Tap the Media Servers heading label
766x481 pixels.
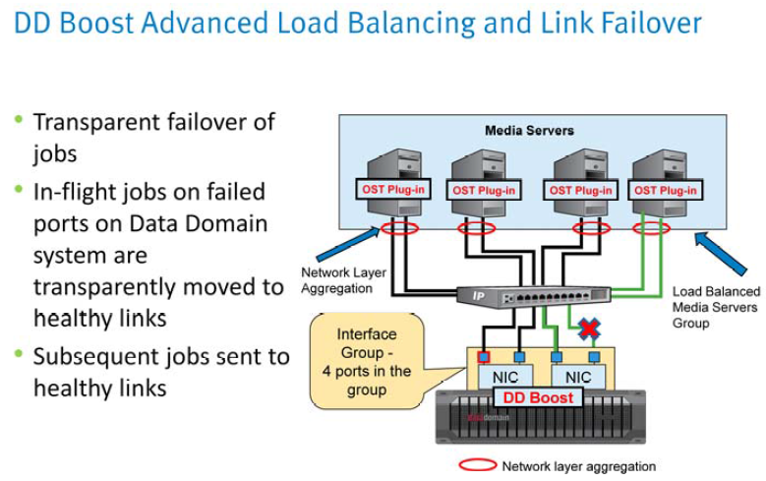[x=529, y=130]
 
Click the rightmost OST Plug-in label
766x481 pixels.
[x=665, y=190]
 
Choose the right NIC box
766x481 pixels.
[x=578, y=376]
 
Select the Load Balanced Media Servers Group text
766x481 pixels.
[x=715, y=307]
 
